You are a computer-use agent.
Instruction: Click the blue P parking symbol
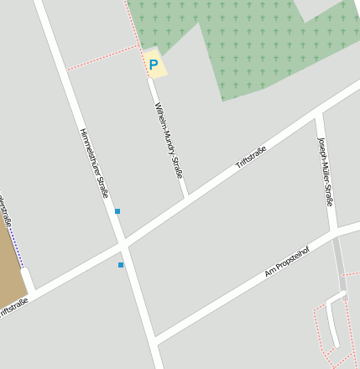pos(153,64)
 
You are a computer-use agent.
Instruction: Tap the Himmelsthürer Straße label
pos(94,162)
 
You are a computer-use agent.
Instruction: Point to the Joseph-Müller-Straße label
pos(326,171)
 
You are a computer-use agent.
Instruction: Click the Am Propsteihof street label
pos(287,261)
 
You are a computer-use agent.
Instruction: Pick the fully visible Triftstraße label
pos(251,158)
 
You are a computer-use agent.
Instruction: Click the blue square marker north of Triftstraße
pos(117,211)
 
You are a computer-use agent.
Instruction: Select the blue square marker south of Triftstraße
pos(121,265)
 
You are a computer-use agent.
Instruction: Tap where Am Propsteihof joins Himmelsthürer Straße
pos(157,340)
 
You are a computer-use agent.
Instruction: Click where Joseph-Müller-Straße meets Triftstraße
pos(319,112)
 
